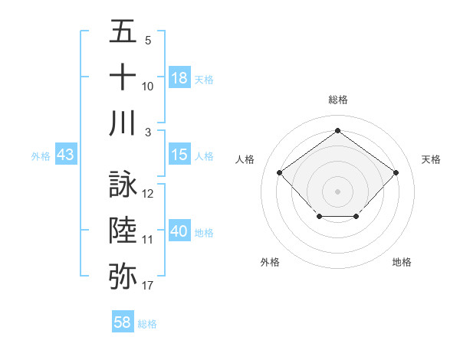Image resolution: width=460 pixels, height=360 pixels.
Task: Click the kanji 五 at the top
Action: (123, 33)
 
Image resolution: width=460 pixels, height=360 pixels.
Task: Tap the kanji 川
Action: (123, 123)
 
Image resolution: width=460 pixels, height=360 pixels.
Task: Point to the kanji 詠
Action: (123, 185)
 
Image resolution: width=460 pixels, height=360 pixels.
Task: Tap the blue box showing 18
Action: (179, 78)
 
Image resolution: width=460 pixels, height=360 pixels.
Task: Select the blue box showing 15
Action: (179, 155)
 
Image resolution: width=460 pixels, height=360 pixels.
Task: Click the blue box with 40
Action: (179, 231)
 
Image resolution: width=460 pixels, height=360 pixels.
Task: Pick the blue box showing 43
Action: (65, 155)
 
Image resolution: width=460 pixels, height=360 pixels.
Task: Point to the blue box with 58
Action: (123, 322)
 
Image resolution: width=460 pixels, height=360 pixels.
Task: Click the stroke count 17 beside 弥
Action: (148, 286)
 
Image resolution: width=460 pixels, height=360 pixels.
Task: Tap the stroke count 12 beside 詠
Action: (148, 194)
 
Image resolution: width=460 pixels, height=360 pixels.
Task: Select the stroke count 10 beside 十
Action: (148, 86)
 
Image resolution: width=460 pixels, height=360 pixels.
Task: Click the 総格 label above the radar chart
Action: (337, 100)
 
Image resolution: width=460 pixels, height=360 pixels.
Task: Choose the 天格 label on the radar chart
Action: (431, 159)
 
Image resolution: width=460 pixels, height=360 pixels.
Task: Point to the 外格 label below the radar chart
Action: (270, 262)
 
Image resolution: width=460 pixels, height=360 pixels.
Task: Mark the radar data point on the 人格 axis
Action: (280, 172)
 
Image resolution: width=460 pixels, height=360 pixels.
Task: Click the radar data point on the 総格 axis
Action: (337, 130)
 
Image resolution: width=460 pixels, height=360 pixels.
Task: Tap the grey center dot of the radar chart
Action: (337, 191)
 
